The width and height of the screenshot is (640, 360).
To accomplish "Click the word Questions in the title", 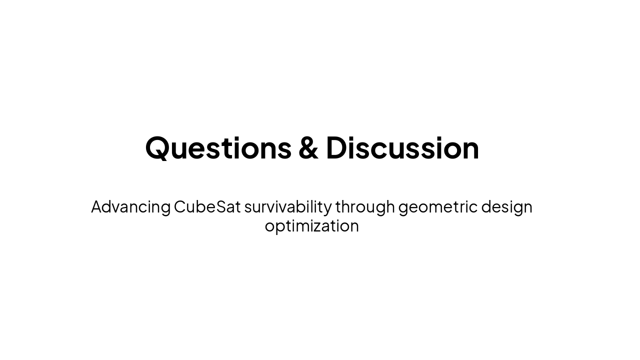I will tap(218, 148).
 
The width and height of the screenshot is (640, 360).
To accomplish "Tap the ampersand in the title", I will tap(308, 148).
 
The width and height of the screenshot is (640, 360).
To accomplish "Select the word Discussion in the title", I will tap(402, 148).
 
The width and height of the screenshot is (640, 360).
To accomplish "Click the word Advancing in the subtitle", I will tap(130, 207).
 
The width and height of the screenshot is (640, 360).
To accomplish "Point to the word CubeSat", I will tap(207, 206).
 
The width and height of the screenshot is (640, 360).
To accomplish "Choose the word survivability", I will tap(287, 207).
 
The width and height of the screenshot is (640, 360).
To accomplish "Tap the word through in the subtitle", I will tap(365, 207).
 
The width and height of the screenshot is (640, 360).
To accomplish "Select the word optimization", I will tap(311, 226).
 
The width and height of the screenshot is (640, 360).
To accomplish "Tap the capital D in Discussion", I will tap(338, 148).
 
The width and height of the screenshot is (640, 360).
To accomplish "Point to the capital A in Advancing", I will tap(97, 206).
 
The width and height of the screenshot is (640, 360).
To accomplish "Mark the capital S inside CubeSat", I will tap(221, 206).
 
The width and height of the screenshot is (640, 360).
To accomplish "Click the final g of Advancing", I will tap(165, 208).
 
